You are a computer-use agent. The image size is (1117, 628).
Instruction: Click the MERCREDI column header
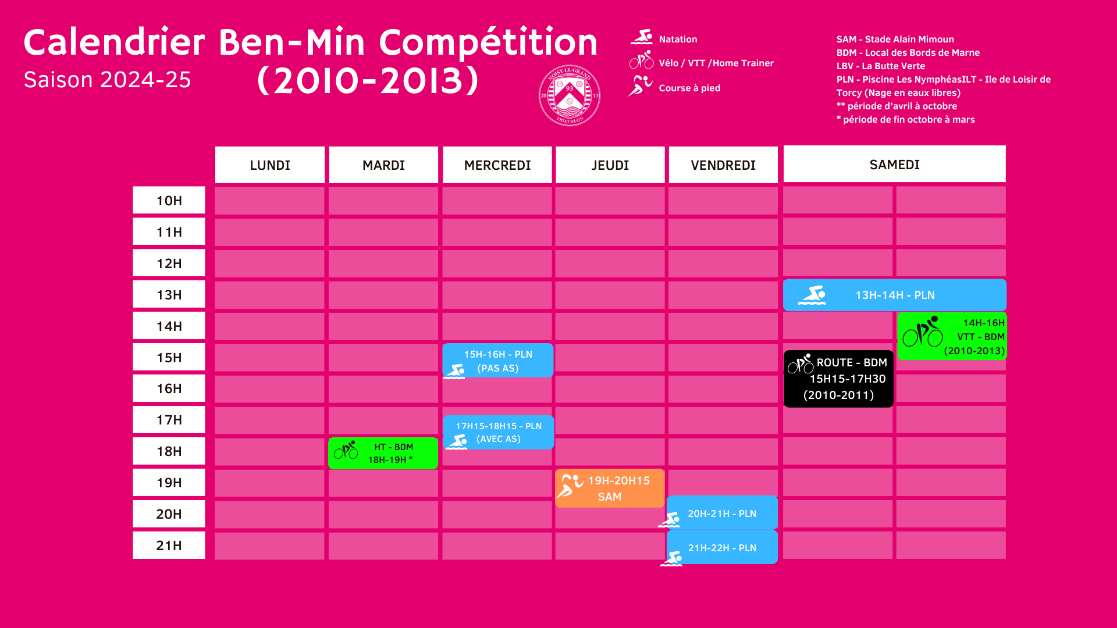pos(497,165)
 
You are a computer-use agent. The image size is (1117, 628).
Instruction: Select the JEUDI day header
pos(610,165)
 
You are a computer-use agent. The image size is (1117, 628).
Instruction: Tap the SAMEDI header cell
pos(895,165)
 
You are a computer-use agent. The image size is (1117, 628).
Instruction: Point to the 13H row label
pos(169,295)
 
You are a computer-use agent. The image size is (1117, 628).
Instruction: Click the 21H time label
pos(169,545)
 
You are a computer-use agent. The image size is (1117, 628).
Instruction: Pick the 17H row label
pos(169,420)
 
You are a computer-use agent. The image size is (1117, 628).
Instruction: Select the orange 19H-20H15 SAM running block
pos(610,488)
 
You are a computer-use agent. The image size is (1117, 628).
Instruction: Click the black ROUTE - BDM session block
pos(838,379)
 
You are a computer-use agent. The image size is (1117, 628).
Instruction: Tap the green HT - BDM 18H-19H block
pos(383,453)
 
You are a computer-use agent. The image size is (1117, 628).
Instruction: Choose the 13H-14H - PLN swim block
pos(895,295)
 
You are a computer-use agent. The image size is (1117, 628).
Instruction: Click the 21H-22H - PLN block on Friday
pos(722,547)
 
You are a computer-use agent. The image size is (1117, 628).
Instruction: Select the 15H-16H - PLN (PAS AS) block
pos(498,361)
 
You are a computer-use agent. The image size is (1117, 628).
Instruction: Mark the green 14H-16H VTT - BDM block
pos(952,337)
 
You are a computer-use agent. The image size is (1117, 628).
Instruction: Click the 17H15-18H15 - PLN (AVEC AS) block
pos(499,432)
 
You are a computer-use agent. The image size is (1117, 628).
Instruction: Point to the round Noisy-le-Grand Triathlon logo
pos(570,95)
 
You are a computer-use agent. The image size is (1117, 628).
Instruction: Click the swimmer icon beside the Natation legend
pos(642,37)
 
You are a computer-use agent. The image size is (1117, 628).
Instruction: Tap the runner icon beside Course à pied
pos(640,86)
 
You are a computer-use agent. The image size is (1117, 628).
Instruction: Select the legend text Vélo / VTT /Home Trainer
pos(716,63)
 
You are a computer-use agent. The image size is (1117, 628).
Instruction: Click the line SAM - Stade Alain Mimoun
pos(895,39)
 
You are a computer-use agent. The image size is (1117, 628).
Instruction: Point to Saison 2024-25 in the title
pos(107,80)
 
